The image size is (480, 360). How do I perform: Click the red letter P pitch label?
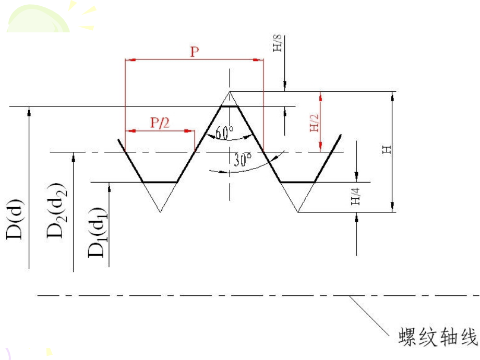pyautogui.click(x=195, y=52)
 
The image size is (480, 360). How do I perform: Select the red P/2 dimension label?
pyautogui.click(x=160, y=123)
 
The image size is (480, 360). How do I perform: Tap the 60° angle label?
pyautogui.click(x=224, y=133)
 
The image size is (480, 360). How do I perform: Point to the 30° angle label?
pyautogui.click(x=243, y=160)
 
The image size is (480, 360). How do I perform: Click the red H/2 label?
pyautogui.click(x=314, y=123)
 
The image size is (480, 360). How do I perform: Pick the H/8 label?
pyautogui.click(x=277, y=43)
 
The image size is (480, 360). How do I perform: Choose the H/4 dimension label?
pyautogui.click(x=355, y=197)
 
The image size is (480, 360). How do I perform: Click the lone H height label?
pyautogui.click(x=387, y=150)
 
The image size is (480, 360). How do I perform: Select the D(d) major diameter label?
pyautogui.click(x=15, y=219)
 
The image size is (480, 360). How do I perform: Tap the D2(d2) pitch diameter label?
pyautogui.click(x=56, y=211)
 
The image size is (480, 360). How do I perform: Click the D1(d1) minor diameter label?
pyautogui.click(x=98, y=232)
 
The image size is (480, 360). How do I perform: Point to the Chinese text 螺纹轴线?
pyautogui.click(x=438, y=337)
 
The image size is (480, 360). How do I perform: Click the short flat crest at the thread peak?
pyautogui.click(x=230, y=106)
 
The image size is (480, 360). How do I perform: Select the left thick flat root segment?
pyautogui.click(x=160, y=182)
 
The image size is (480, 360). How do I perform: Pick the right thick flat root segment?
pyautogui.click(x=298, y=182)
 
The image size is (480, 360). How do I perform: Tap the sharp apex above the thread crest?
pyautogui.click(x=230, y=91)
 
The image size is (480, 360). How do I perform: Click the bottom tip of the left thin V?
pyautogui.click(x=160, y=212)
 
